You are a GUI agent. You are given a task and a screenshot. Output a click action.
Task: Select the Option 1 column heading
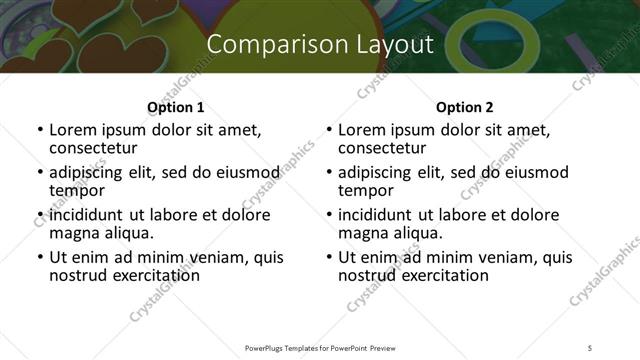[175, 107]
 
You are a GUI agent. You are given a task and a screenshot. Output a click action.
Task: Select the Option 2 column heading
[465, 107]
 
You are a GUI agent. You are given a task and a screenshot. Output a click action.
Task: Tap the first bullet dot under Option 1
[40, 130]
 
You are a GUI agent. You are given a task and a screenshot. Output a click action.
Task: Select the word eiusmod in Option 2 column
[540, 172]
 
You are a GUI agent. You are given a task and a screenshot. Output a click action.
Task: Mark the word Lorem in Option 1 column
[72, 130]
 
